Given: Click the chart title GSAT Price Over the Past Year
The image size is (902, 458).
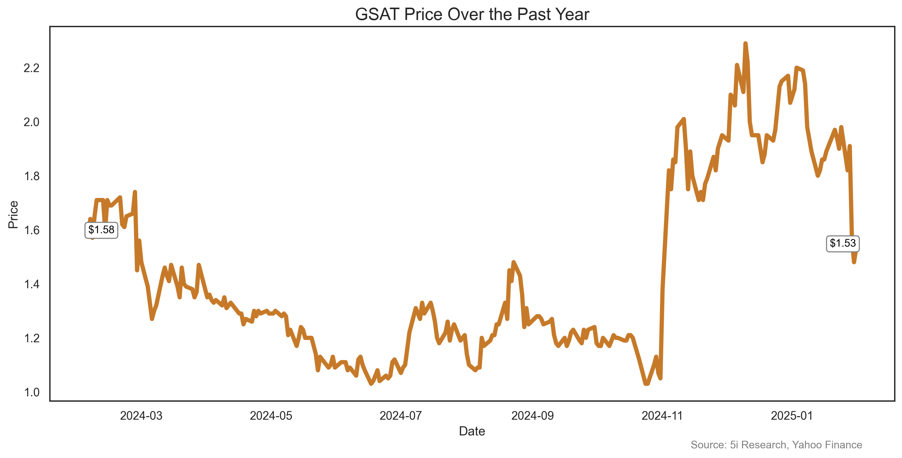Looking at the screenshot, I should pos(472,15).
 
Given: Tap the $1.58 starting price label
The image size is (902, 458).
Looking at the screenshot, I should pos(101,230).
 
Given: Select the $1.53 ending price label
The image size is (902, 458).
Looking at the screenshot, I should pos(843,243).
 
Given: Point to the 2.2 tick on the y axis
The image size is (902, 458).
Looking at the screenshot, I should pos(31,68).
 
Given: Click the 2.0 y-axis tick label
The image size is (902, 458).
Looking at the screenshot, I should pos(31,122).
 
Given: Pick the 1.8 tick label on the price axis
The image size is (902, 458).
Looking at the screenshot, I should pos(31,176).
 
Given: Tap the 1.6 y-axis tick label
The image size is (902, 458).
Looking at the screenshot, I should pos(31,230).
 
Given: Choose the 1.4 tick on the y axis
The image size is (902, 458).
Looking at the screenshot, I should pos(31,284).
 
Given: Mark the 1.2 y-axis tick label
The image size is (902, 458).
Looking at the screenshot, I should pos(31,338).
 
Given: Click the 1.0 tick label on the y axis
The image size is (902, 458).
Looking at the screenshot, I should pos(31,393).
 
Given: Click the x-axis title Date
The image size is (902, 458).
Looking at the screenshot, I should pos(472,431).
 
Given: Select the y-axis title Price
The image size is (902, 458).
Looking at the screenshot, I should pos(13,214).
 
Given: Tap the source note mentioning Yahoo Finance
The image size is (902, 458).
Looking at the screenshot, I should pos(776,445).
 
